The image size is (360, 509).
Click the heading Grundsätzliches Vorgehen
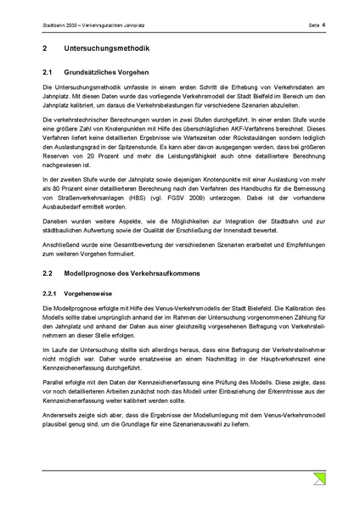click(107, 74)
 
